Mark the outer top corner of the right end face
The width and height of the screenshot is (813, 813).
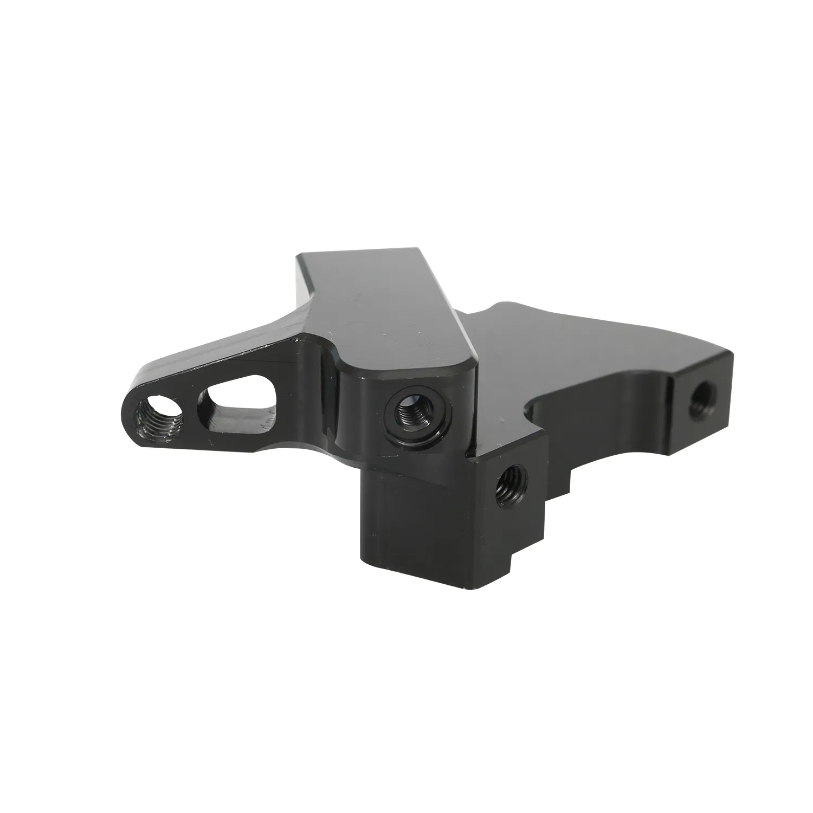point(732,353)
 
